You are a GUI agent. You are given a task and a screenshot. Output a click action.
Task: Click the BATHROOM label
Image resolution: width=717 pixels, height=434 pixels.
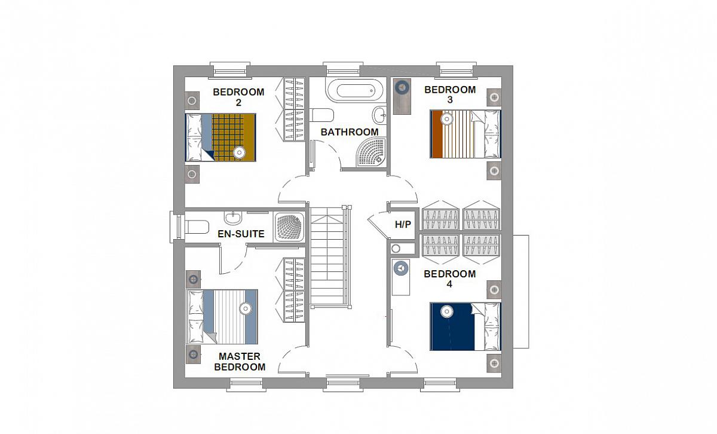[350, 132]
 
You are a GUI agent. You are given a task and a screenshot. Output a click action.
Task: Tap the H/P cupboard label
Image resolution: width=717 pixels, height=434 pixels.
[403, 224]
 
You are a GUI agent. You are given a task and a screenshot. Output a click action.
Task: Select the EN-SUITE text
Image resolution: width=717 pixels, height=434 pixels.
[241, 234]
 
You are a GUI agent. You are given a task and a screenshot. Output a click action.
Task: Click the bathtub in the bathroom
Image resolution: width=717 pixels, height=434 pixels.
[354, 90]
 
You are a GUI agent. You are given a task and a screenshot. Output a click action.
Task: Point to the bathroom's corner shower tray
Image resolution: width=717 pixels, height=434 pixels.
[371, 152]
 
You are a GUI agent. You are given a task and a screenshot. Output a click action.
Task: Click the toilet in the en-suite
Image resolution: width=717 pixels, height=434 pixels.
[197, 227]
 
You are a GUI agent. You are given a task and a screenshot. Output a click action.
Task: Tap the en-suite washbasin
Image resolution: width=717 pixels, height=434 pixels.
[233, 218]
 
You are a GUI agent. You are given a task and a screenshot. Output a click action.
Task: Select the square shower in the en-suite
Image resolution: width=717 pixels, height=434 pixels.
[289, 227]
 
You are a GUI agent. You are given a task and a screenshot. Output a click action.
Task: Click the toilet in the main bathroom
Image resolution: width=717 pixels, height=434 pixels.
[321, 115]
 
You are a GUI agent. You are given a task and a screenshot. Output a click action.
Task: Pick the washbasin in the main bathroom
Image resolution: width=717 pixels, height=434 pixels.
[379, 115]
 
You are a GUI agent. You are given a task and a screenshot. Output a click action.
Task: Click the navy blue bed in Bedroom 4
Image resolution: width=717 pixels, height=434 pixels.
[465, 326]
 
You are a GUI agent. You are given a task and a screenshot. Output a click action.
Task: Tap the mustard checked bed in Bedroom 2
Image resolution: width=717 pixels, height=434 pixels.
[220, 137]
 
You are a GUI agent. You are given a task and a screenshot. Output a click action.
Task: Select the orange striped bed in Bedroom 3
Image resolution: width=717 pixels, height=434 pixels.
[465, 134]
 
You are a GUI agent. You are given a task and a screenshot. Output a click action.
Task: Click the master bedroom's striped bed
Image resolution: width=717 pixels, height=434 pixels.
[222, 317]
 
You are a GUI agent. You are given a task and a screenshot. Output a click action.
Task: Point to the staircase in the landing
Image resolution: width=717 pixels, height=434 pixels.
[330, 256]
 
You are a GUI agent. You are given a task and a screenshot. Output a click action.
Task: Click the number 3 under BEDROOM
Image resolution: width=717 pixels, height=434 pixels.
[450, 100]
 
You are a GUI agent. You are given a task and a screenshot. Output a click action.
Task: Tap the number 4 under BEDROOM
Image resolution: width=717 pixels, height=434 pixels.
[449, 284]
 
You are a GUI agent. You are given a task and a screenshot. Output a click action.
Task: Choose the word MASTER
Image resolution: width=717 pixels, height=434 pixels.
[240, 356]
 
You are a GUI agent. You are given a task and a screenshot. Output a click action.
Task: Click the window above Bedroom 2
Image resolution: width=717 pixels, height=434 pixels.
[230, 70]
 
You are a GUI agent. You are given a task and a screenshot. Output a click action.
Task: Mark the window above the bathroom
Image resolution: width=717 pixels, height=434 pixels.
[343, 69]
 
